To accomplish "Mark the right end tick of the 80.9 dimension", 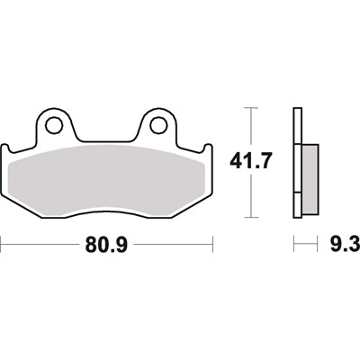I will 212,243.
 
